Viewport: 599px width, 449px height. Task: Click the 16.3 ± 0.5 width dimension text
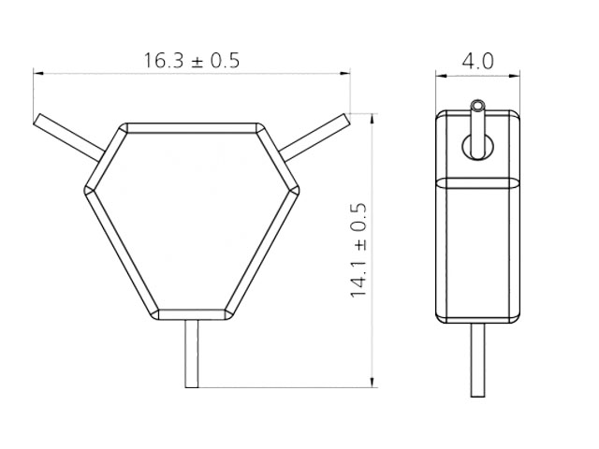pyautogui.click(x=192, y=61)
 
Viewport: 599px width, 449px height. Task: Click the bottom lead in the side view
pyautogui.click(x=477, y=360)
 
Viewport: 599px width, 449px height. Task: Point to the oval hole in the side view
pyautogui.click(x=477, y=145)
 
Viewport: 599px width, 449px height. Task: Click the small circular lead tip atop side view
pyautogui.click(x=478, y=102)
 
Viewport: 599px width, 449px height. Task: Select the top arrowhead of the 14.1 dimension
pyautogui.click(x=374, y=117)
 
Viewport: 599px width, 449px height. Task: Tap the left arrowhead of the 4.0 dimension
pyautogui.click(x=442, y=73)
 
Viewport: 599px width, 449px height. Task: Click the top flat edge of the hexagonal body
pyautogui.click(x=192, y=124)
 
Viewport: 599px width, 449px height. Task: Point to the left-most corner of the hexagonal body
pyautogui.click(x=86, y=189)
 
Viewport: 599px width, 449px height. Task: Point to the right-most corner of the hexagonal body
pyautogui.click(x=299, y=189)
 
